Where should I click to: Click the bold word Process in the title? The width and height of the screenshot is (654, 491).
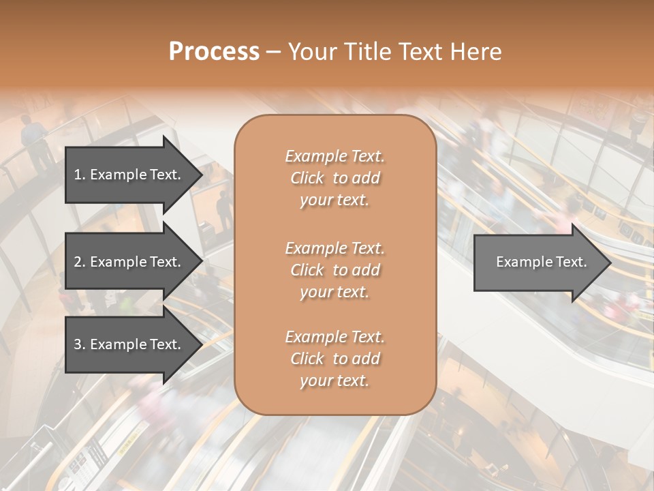point(214,52)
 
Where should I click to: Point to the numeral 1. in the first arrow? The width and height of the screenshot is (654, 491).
point(79,175)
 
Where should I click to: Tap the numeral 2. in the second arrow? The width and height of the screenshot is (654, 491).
point(79,262)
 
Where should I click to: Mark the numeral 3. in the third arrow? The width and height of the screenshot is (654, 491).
point(79,344)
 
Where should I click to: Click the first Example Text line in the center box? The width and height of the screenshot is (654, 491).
point(334,156)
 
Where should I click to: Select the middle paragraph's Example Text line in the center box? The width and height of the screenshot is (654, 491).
point(334,248)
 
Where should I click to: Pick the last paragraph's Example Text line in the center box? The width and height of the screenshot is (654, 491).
point(334,337)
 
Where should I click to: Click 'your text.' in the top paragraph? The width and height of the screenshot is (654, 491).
point(334,200)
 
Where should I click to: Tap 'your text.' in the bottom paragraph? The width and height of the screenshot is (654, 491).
point(334,381)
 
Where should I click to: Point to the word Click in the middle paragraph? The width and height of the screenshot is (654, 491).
point(307,270)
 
